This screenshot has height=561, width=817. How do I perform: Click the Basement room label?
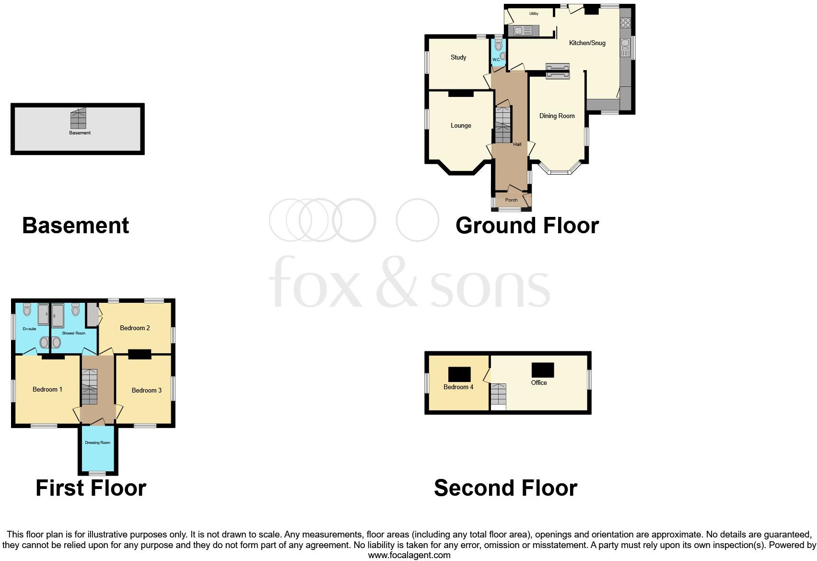pyautogui.click(x=80, y=133)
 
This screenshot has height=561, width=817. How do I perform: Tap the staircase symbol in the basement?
pyautogui.click(x=78, y=119)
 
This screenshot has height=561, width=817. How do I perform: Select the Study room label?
pyautogui.click(x=458, y=58)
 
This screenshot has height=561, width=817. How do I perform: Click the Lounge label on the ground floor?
pyautogui.click(x=460, y=126)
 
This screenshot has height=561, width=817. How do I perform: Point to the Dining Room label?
pyautogui.click(x=557, y=116)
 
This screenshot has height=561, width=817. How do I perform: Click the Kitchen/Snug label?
pyautogui.click(x=587, y=43)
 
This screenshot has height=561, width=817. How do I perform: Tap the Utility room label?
pyautogui.click(x=534, y=14)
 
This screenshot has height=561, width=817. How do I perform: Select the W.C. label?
pyautogui.click(x=496, y=60)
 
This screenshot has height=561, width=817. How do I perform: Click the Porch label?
pyautogui.click(x=511, y=200)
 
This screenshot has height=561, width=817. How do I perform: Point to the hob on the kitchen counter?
pyautogui.click(x=625, y=23)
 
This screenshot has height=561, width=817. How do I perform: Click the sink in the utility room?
pyautogui.click(x=523, y=31)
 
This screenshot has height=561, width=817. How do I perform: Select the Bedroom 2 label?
pyautogui.click(x=135, y=328)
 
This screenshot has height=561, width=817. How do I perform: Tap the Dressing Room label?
pyautogui.click(x=97, y=443)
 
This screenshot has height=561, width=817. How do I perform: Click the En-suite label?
pyautogui.click(x=29, y=329)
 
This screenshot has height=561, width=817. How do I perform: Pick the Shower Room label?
pyautogui.click(x=73, y=333)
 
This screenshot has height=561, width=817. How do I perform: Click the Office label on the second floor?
pyautogui.click(x=538, y=383)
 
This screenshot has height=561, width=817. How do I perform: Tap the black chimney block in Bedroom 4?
pyautogui.click(x=459, y=374)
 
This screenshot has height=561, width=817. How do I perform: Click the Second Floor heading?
pyautogui.click(x=505, y=488)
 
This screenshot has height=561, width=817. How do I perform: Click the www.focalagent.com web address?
pyautogui.click(x=409, y=555)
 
